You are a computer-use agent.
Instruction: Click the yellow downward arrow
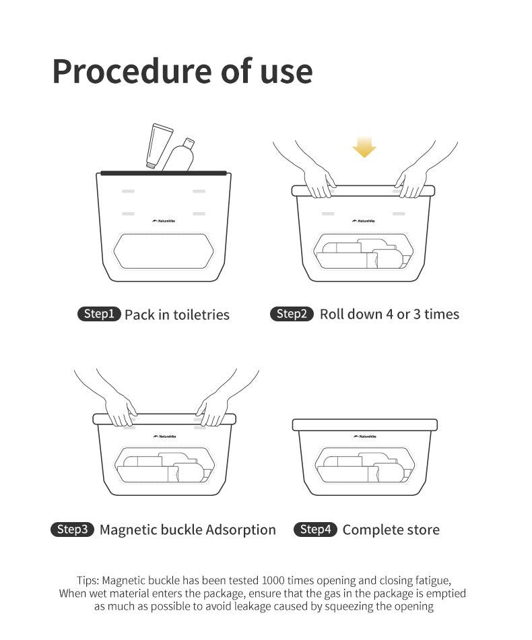[x=364, y=147]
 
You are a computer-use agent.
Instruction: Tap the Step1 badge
[x=99, y=314]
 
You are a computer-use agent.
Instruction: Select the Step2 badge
[x=292, y=314]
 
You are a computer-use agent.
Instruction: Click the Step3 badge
[x=72, y=530]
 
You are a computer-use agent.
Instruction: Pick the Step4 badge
[x=315, y=530]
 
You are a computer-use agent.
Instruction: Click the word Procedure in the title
[x=132, y=72]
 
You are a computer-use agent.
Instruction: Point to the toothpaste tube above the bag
[x=159, y=146]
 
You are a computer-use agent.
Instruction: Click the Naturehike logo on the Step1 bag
[x=164, y=221]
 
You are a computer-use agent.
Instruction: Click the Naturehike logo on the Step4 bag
[x=365, y=437]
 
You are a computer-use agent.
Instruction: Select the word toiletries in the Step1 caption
[x=201, y=315]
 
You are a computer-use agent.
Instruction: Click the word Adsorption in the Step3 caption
[x=240, y=530]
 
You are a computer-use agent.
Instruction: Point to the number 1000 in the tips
[x=273, y=581]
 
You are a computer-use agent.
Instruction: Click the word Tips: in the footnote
[x=88, y=581]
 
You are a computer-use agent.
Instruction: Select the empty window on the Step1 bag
[x=164, y=251]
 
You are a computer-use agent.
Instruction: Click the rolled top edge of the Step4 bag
[x=365, y=425]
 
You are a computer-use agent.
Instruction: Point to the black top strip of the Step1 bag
[x=164, y=173]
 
